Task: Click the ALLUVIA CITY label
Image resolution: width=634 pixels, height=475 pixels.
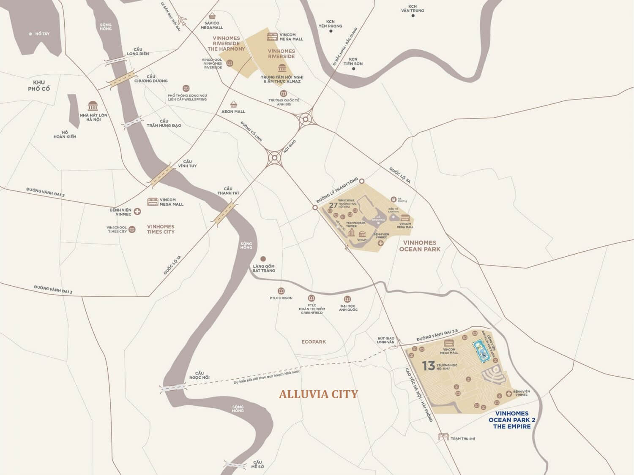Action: point(318,394)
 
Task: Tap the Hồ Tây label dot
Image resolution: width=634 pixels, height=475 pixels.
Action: point(30,34)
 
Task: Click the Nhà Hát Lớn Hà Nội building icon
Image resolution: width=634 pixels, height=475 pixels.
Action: point(93,106)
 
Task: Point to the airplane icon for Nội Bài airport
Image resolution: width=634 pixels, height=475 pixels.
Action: point(183,20)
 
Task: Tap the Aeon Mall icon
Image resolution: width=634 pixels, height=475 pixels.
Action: point(233,104)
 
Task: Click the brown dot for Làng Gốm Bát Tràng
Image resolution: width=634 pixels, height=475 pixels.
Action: point(263,258)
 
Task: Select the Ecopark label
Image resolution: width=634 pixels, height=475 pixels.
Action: point(314,342)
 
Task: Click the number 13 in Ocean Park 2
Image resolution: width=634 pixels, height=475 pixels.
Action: point(428,365)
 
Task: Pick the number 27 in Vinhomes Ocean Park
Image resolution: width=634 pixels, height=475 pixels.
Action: point(333,205)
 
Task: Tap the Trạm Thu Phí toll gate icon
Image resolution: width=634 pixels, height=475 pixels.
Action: point(443,437)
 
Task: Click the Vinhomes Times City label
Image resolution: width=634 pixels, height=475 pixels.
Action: point(161,229)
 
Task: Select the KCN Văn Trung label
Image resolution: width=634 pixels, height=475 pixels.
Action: point(413,8)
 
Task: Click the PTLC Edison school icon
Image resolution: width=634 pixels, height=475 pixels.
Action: point(281,291)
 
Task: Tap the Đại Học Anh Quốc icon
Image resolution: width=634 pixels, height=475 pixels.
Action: point(347,299)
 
